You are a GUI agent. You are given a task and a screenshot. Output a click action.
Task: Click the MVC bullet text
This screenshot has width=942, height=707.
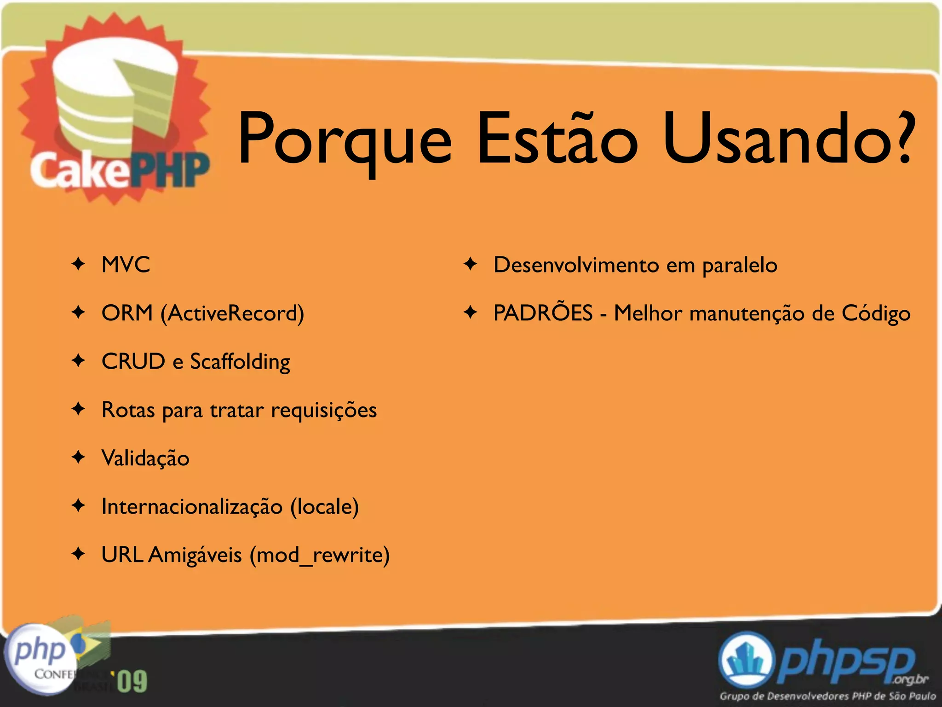pos(126,265)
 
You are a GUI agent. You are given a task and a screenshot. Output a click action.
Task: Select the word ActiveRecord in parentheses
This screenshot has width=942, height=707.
pos(232,313)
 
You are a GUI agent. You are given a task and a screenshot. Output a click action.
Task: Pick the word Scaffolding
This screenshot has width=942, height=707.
pos(240,362)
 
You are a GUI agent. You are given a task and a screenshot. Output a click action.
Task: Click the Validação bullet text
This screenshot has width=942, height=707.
pos(145,458)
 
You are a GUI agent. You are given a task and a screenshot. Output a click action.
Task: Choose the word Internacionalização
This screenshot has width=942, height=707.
pos(192,507)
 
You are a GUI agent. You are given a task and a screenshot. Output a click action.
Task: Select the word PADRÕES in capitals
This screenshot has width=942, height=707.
pos(543,313)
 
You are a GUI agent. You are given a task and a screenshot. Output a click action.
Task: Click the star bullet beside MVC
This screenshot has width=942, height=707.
pos(79,264)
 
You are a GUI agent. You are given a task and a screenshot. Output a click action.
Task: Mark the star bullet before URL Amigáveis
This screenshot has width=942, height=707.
pos(79,554)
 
